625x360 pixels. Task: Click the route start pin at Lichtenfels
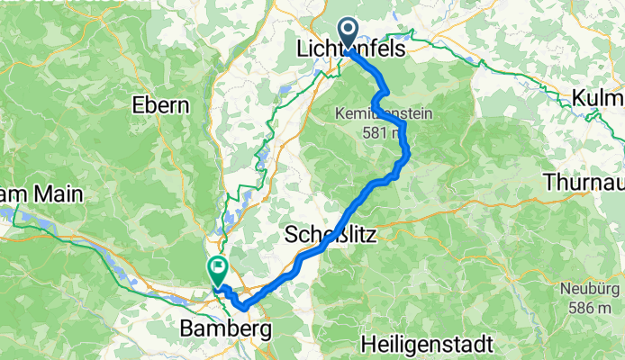(348, 34)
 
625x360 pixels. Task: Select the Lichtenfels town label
(351, 54)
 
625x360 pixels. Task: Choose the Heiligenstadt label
(426, 344)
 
